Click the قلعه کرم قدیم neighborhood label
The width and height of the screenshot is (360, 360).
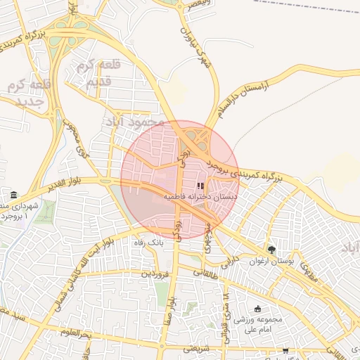tap(102, 73)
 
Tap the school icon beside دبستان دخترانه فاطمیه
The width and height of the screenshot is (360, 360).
tap(200, 186)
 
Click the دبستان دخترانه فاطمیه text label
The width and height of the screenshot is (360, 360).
tap(201, 198)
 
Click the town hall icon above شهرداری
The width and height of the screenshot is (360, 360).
tap(15, 194)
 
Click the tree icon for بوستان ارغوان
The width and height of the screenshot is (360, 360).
tap(271, 250)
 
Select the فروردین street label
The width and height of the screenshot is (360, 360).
tap(157, 273)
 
